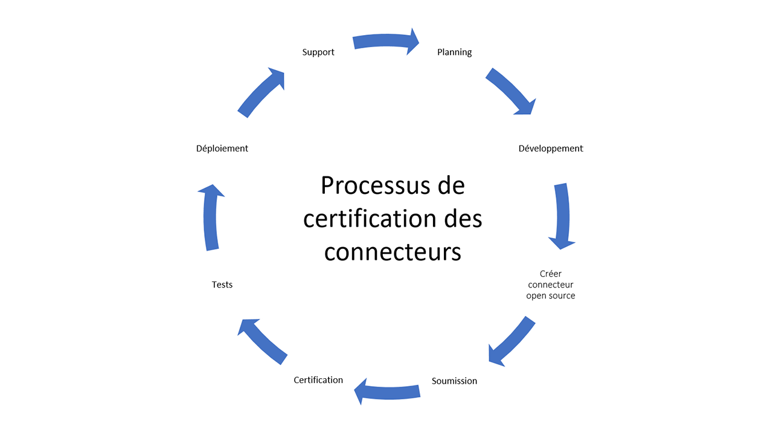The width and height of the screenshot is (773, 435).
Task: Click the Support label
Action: (318, 53)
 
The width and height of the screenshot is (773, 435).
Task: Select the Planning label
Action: (454, 53)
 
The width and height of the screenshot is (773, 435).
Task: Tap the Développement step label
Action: (551, 149)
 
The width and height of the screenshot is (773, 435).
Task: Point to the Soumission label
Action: (454, 381)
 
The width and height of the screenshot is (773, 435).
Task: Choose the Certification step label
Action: (318, 380)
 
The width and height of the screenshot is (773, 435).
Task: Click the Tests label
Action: (222, 285)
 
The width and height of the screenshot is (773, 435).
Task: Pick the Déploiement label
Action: (222, 149)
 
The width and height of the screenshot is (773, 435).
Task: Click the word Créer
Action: (551, 274)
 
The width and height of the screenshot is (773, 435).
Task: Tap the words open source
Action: (551, 296)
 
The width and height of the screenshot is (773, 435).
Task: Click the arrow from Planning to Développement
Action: (510, 91)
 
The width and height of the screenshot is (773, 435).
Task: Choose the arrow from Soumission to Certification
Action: (386, 391)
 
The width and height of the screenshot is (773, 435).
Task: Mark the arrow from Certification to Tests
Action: (261, 341)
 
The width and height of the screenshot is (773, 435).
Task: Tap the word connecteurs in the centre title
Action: (393, 251)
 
